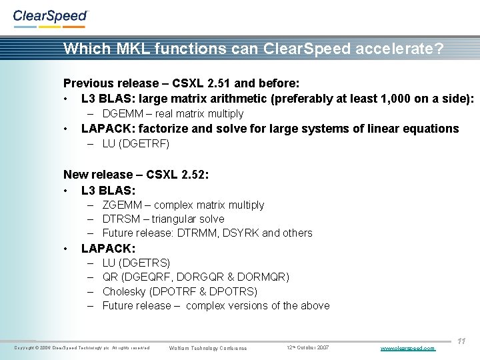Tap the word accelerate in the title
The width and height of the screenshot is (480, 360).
pos(379,49)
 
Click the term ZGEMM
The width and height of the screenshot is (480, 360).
pos(120,205)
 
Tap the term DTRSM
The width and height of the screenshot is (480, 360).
pos(120,219)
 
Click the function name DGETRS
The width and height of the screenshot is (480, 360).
pos(146,263)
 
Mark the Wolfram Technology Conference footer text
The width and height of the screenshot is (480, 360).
pos(208,348)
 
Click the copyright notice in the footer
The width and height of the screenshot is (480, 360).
pos(81,348)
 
